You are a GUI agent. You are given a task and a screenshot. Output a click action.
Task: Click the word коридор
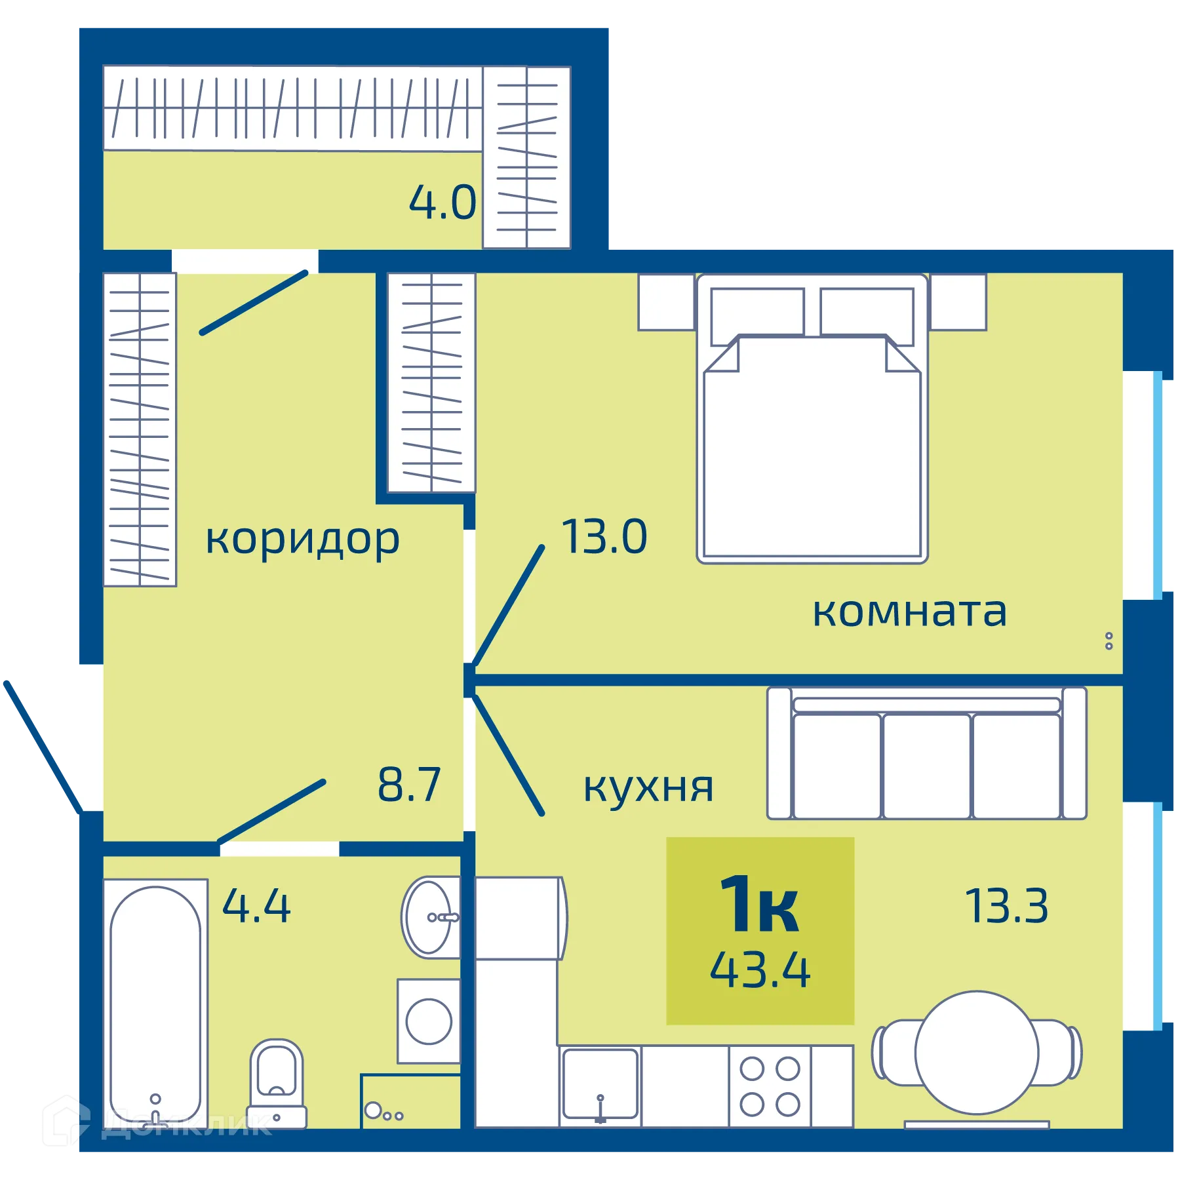[x=302, y=540]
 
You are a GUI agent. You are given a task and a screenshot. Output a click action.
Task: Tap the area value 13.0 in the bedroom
[x=604, y=537]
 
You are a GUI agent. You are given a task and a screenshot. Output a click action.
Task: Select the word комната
[x=909, y=612]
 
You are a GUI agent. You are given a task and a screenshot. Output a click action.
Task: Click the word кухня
[x=648, y=787]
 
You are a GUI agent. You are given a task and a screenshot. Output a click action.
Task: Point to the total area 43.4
[x=760, y=970]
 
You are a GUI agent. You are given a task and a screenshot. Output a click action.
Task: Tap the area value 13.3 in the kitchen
[x=1006, y=907]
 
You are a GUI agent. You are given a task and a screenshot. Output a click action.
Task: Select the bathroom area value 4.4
[x=256, y=907]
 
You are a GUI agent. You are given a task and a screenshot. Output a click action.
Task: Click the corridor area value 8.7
[x=409, y=785]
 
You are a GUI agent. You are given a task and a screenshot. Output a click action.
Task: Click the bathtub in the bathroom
[x=155, y=1003]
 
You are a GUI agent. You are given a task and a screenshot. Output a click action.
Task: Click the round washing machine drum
[x=429, y=1021]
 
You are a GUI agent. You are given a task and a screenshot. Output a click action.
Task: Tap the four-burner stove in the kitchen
[x=770, y=1086]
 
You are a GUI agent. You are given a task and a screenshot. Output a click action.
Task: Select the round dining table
[x=976, y=1053]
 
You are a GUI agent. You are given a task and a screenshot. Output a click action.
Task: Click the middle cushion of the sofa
[x=926, y=766]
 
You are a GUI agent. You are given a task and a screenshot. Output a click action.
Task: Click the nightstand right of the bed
[x=958, y=302]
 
